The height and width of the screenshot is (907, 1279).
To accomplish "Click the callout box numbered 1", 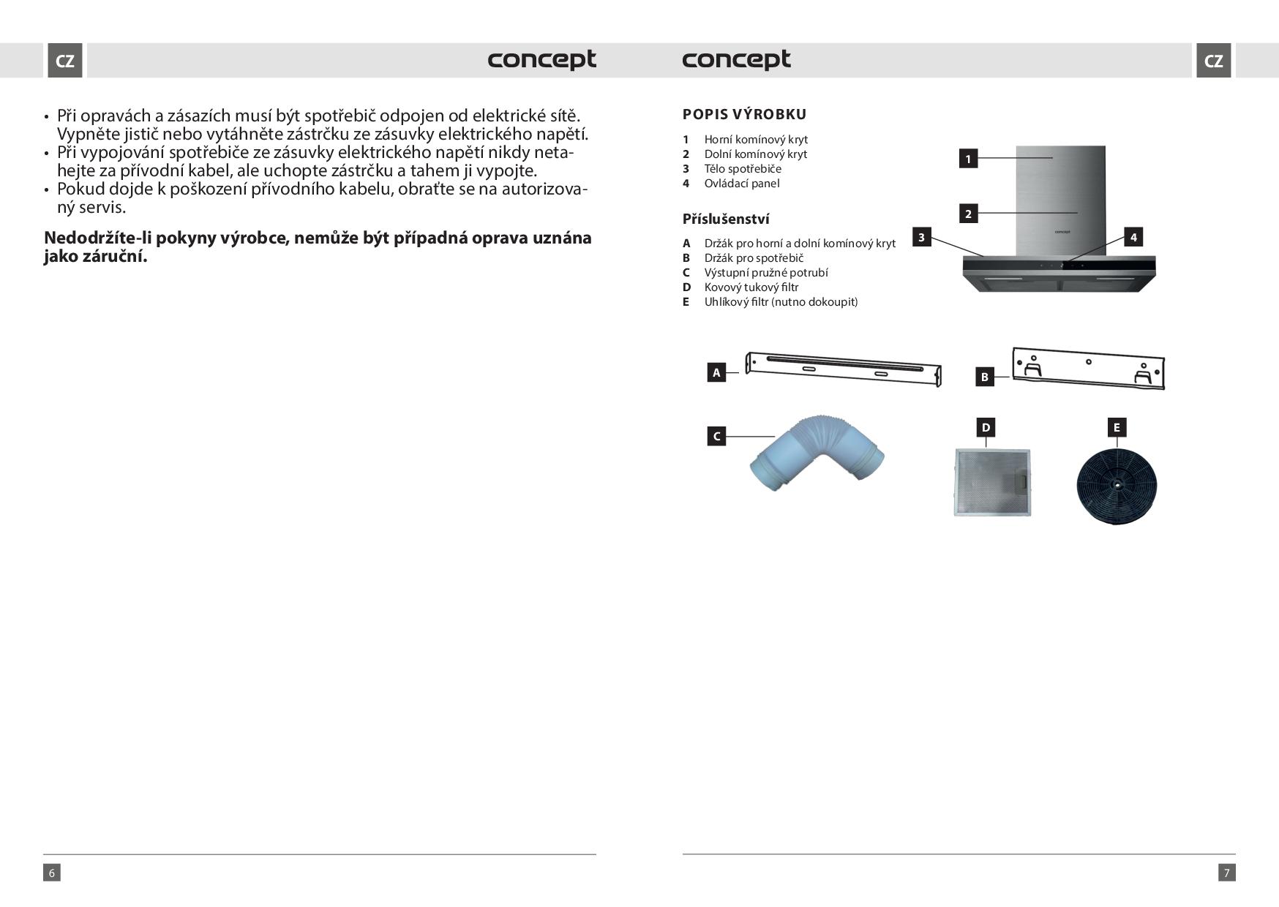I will [968, 159].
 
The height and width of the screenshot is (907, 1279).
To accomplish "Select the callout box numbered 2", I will [968, 214].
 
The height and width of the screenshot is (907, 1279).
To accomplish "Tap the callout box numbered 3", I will [921, 237].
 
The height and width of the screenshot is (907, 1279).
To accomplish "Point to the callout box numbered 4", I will [1133, 237].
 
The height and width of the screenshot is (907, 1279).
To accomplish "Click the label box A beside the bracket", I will [716, 373].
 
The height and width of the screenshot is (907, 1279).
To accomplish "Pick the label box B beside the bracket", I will [984, 377].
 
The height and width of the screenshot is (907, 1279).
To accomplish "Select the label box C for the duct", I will [716, 437].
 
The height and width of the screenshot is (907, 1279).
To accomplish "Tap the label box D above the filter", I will [986, 427].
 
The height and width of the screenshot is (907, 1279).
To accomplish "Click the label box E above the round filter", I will [1117, 427].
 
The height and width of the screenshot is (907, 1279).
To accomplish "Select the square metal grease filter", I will [993, 483].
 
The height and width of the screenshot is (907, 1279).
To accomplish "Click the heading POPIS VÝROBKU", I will [744, 114].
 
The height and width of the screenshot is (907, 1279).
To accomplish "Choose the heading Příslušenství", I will [725, 219].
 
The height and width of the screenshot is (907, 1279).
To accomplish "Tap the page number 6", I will [51, 872].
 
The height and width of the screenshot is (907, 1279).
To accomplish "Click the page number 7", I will [1227, 872].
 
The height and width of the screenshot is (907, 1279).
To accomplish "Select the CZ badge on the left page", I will [65, 61].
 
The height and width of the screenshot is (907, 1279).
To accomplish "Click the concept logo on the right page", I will [736, 59].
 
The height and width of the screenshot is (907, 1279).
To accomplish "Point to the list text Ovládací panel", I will [741, 183].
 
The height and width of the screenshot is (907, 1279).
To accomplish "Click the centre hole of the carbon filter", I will [1117, 484].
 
